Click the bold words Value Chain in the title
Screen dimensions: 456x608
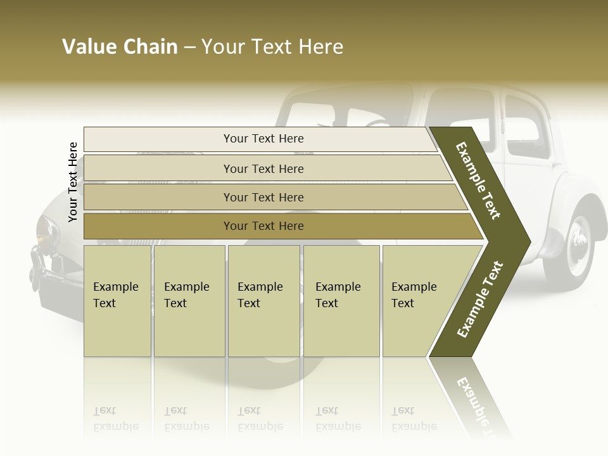coord(120,47)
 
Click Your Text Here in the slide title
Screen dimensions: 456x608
coord(272,47)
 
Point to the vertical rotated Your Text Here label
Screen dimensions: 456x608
coord(73,182)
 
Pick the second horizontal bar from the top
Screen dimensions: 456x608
coord(263,168)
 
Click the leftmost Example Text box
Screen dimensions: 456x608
coord(117,301)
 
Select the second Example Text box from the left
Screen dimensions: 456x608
coord(189,301)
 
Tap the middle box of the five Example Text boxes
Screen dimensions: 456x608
coord(263,301)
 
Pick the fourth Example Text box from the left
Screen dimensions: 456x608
coord(341,301)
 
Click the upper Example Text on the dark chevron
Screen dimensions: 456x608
coord(479,180)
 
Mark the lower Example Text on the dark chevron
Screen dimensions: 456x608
coord(480,299)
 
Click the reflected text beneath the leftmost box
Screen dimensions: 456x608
coord(115,419)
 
